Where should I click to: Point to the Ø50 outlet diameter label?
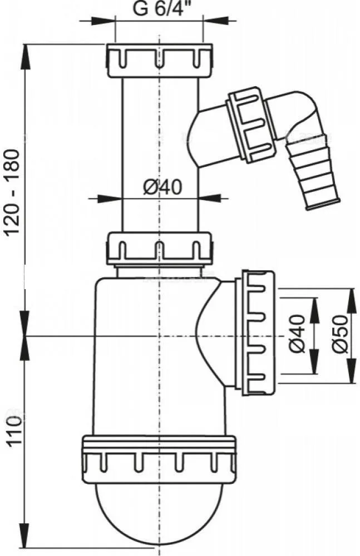tap(341, 334)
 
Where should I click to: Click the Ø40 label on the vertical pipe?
tap(162, 187)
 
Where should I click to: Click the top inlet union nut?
tap(159, 61)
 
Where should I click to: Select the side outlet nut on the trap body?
tap(258, 332)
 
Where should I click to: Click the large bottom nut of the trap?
tap(159, 460)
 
